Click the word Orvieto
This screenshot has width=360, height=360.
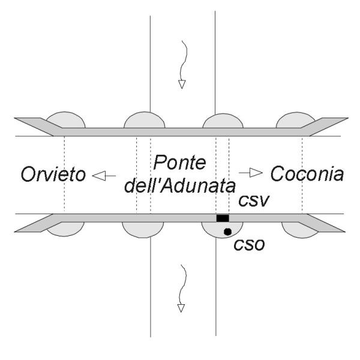tap(53, 175)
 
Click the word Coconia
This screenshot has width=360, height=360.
tap(307, 175)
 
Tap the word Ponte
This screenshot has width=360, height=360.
tap(178, 163)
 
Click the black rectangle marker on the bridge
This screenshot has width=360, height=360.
tap(223, 218)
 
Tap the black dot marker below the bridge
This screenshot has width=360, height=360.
tap(227, 231)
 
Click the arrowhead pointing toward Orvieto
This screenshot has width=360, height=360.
tap(97, 176)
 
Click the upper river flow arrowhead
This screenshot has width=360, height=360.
tap(180, 85)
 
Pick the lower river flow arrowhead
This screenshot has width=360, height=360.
tap(180, 308)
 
